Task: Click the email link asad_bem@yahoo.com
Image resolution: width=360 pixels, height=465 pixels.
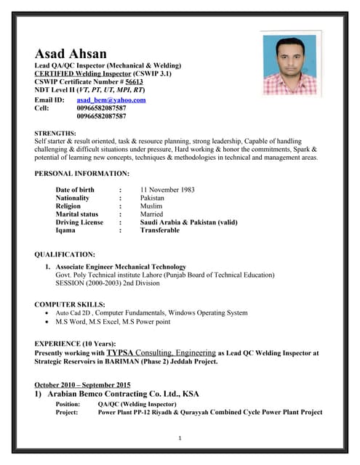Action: pyautogui.click(x=111, y=100)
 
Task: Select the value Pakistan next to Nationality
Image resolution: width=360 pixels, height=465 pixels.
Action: pyautogui.click(x=152, y=198)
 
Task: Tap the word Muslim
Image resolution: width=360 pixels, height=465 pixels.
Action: pyautogui.click(x=151, y=206)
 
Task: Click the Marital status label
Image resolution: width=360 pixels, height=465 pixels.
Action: pyautogui.click(x=76, y=214)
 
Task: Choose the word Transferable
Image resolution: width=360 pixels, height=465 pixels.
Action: pyautogui.click(x=159, y=230)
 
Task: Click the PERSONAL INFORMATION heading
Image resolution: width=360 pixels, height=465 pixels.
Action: pyautogui.click(x=82, y=174)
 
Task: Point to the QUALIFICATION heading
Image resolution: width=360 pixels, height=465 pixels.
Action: pyautogui.click(x=65, y=254)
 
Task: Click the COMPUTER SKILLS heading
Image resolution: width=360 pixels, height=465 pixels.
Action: pyautogui.click(x=70, y=304)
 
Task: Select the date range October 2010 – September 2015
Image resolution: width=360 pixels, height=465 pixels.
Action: pyautogui.click(x=83, y=384)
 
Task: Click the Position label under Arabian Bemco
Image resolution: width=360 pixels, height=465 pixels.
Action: pyautogui.click(x=68, y=404)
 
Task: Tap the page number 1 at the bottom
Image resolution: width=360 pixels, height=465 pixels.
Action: pyautogui.click(x=180, y=437)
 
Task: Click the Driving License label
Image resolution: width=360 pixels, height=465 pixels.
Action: pyautogui.click(x=79, y=222)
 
